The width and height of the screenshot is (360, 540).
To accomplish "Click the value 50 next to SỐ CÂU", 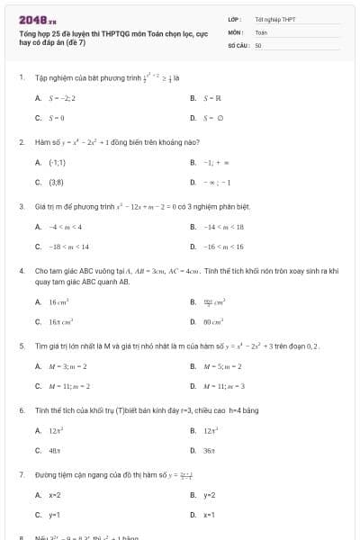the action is pos(258,44).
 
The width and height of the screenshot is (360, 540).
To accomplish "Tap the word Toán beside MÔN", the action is pos(261,31).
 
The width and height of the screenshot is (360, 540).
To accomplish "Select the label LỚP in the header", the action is pos(235,18).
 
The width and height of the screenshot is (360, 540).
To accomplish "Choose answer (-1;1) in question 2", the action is pos(57,162).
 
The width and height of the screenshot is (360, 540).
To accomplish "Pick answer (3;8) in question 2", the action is pos(56,182).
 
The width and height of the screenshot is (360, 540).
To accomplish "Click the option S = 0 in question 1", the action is pos(57,117).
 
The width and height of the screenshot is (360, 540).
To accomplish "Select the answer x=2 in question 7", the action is pos(54,495).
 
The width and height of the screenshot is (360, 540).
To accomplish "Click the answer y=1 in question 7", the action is pos(54,515).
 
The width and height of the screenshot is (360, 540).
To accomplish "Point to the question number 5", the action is pos(21,346).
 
